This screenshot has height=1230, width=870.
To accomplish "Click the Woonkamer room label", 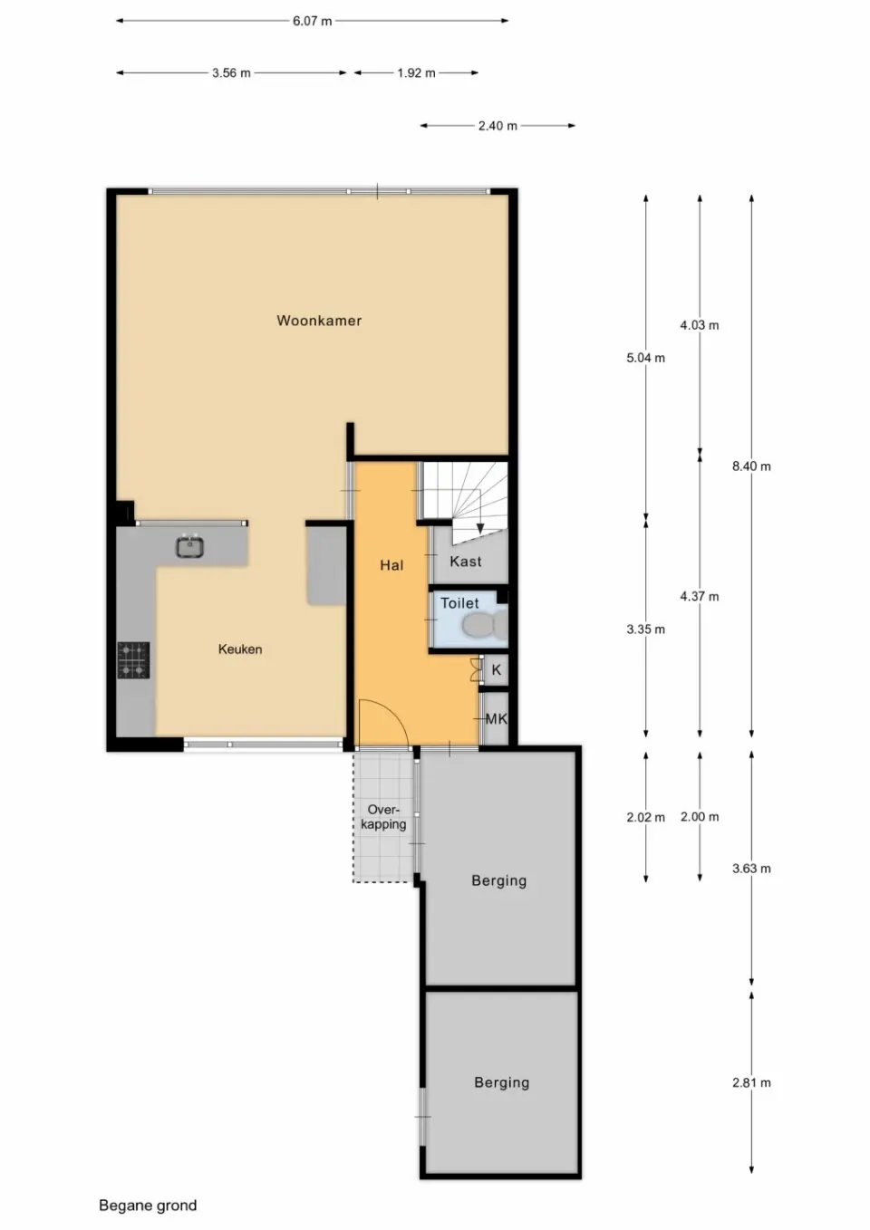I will pyautogui.click(x=319, y=321).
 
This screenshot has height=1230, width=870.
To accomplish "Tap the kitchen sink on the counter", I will pyautogui.click(x=189, y=546).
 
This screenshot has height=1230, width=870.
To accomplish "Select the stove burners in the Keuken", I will pyautogui.click(x=133, y=659).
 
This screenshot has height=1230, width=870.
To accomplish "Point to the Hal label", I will pyautogui.click(x=391, y=565).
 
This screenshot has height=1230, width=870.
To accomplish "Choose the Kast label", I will pyautogui.click(x=466, y=562).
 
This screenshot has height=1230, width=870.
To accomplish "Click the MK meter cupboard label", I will pyautogui.click(x=496, y=719).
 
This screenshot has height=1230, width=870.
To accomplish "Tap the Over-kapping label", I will pyautogui.click(x=383, y=817).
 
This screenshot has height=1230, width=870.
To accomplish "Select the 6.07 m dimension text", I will pyautogui.click(x=312, y=21).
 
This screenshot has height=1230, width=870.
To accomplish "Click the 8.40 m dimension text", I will pyautogui.click(x=751, y=466).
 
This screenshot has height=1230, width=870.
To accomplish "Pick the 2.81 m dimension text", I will pyautogui.click(x=751, y=1082).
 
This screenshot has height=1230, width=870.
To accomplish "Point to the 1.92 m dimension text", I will pyautogui.click(x=416, y=73).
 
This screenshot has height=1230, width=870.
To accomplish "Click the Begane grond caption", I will pyautogui.click(x=148, y=1206).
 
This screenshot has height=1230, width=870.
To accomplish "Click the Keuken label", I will pyautogui.click(x=240, y=649).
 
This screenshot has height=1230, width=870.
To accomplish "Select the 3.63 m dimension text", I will pyautogui.click(x=751, y=869).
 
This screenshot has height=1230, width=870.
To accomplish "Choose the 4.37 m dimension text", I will pyautogui.click(x=700, y=596).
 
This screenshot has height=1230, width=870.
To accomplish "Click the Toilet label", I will pyautogui.click(x=459, y=603).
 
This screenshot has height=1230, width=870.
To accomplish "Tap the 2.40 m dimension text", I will pyautogui.click(x=498, y=126).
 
